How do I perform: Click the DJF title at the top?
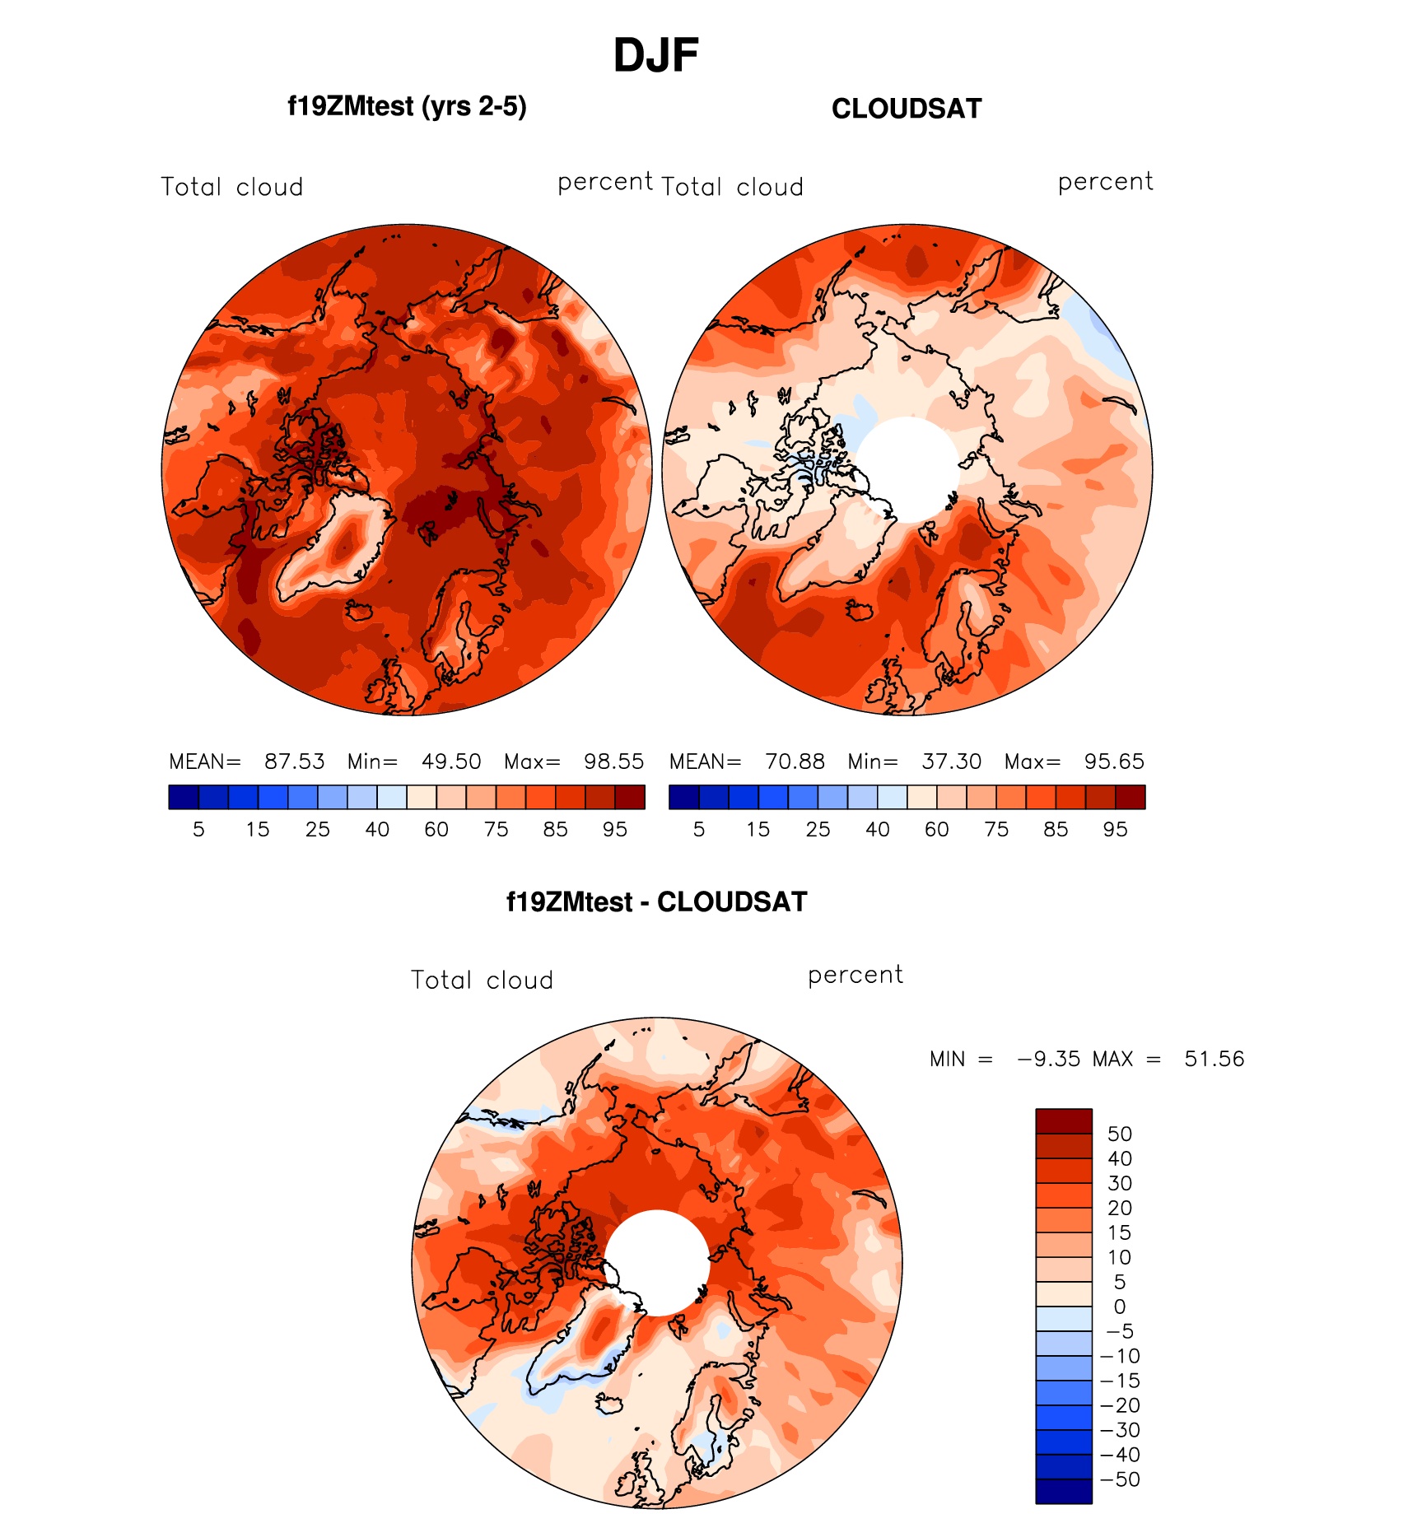(655, 56)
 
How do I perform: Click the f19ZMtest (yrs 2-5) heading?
(407, 107)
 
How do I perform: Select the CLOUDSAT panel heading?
(906, 109)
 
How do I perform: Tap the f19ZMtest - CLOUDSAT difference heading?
(656, 902)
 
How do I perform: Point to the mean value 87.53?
(294, 762)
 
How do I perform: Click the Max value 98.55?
(613, 762)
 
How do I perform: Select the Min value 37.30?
(951, 762)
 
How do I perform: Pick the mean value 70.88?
(795, 762)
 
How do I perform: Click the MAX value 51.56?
(1214, 1059)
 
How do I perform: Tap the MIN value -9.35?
(1048, 1059)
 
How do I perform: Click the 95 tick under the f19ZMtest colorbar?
(615, 830)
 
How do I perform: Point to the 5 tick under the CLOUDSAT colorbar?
(699, 830)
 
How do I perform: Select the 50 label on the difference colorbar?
(1120, 1134)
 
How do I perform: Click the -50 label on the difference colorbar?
(1120, 1479)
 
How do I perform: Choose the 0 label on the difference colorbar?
(1120, 1307)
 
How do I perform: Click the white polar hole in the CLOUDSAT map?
(907, 469)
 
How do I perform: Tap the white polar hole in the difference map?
(657, 1263)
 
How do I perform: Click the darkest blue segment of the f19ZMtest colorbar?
(184, 797)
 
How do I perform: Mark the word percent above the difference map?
(855, 976)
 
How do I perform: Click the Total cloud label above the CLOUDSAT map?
(732, 188)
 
